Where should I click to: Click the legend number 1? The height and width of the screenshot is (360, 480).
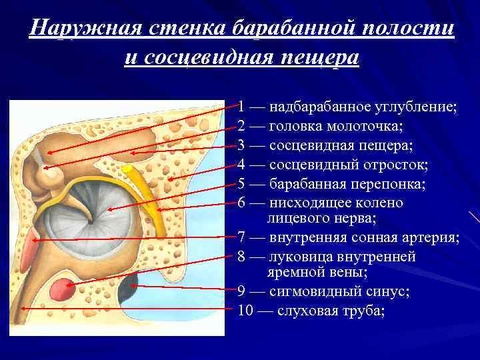pos(242,107)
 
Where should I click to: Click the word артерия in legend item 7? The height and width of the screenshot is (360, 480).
pos(433,238)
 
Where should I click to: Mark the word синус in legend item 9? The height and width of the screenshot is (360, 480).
pos(387,292)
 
